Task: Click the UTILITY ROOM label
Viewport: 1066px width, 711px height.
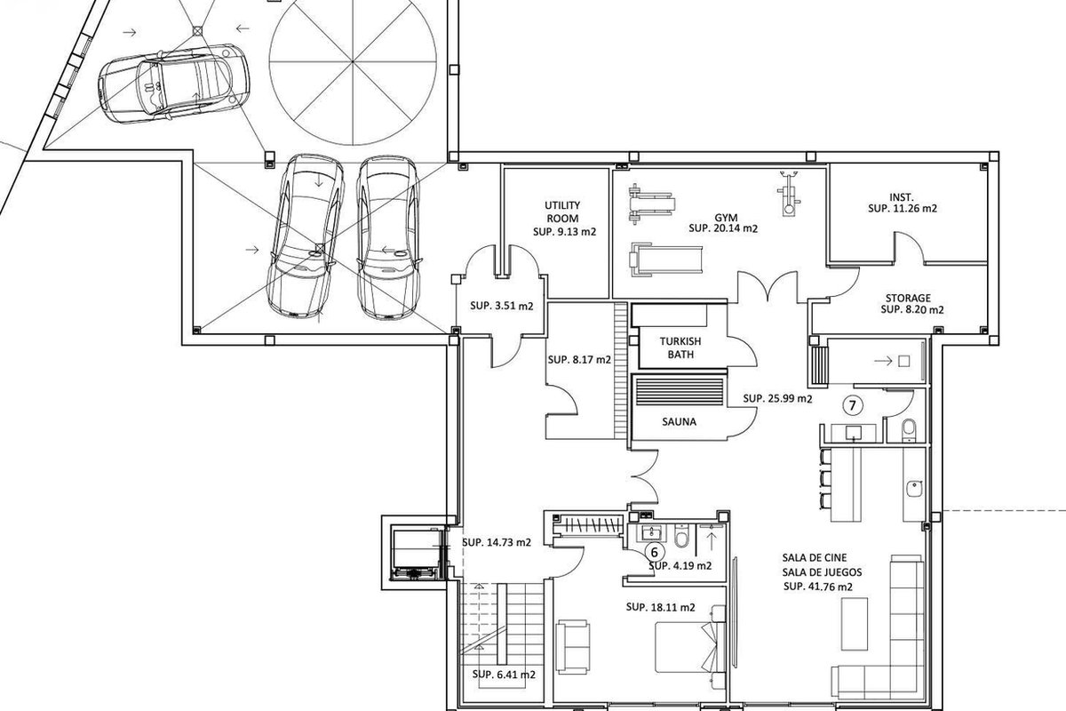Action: coord(562,212)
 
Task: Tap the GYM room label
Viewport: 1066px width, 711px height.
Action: coord(726,218)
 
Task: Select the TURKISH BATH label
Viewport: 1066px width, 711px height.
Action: coord(680,348)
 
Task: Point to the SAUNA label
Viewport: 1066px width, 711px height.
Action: coord(679,421)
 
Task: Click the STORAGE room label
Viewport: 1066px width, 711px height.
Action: coord(908,298)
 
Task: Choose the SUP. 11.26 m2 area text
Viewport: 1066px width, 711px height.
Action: coord(903,208)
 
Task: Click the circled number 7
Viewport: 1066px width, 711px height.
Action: coord(852,405)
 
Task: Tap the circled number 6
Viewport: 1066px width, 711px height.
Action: coord(655,552)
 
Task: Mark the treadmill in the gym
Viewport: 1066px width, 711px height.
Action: coord(665,260)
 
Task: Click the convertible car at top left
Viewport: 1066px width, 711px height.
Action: coord(174,84)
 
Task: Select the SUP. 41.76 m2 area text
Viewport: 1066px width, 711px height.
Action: coord(817,587)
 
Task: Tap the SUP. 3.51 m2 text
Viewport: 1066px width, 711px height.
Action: coord(502,306)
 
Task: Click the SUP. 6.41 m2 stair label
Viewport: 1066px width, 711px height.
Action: coord(504,675)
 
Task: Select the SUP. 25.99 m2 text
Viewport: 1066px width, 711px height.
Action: coord(777,398)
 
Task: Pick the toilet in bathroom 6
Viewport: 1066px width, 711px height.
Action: coord(681,536)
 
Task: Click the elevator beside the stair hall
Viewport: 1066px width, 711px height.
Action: coord(414,553)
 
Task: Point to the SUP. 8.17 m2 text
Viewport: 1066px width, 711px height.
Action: coord(579,360)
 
